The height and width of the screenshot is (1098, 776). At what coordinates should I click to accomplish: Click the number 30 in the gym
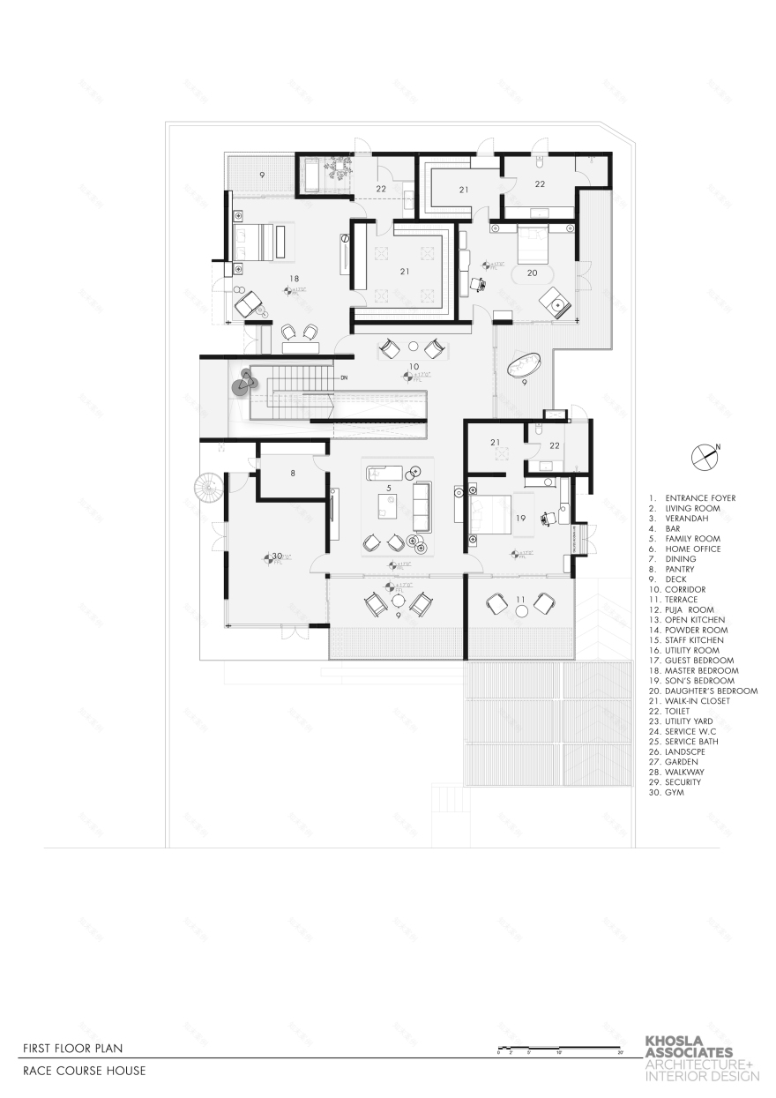(276, 556)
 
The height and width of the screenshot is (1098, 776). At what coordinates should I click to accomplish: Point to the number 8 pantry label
(292, 474)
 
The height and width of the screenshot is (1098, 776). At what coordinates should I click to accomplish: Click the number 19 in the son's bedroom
(520, 519)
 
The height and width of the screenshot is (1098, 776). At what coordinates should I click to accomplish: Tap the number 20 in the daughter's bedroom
(532, 273)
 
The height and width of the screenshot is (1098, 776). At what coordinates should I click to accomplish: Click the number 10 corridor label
(412, 365)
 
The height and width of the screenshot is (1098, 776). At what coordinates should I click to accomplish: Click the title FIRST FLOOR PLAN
(73, 1048)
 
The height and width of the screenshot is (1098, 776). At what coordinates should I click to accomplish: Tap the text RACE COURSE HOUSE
(85, 1071)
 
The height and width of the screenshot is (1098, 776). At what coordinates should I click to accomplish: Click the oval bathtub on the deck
(526, 364)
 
